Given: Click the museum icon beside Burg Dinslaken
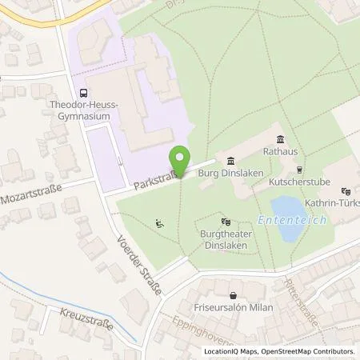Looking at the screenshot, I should click(x=230, y=158).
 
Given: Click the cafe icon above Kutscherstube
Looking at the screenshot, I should click(x=300, y=169).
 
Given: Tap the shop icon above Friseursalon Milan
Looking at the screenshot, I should click(x=232, y=295).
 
